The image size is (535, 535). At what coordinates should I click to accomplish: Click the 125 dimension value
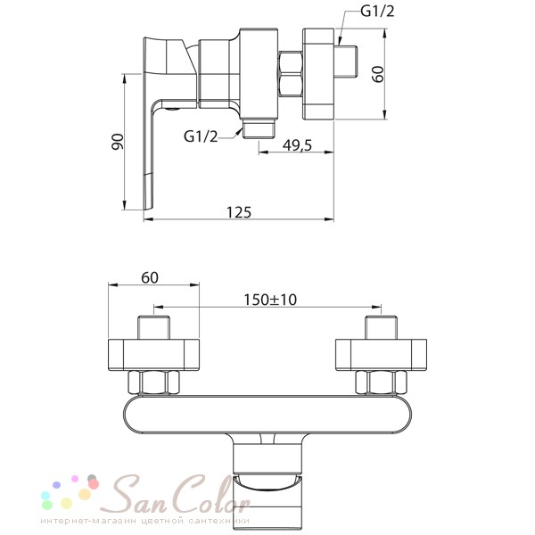click(239, 212)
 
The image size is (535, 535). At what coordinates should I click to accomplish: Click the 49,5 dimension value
click(297, 145)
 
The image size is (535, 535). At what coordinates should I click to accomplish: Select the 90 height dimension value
click(118, 142)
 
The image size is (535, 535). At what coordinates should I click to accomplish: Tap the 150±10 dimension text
click(270, 300)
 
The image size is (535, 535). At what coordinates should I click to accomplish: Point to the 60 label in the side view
click(378, 74)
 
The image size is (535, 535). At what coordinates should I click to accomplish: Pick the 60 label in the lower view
click(150, 277)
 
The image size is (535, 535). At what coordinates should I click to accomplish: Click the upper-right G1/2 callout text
click(377, 12)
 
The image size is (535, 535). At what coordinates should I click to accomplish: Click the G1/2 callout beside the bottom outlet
click(201, 136)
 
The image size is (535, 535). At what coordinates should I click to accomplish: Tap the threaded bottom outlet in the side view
click(259, 128)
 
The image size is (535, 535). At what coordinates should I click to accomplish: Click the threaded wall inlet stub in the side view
click(346, 62)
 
